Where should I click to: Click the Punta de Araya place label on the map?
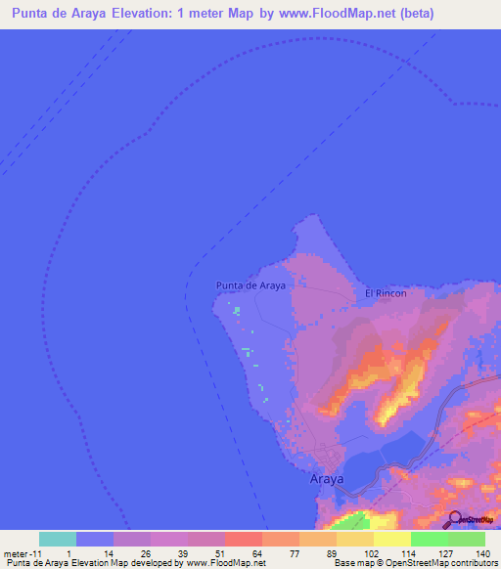point(250,285)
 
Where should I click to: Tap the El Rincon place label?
point(386,292)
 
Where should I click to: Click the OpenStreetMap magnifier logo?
point(454,519)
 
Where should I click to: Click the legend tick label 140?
point(482,552)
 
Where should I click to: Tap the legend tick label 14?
point(108,552)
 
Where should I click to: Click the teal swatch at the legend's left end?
point(58,539)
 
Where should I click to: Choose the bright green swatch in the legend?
point(429,539)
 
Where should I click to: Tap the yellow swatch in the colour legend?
point(391,539)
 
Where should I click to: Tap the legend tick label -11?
point(38,552)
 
